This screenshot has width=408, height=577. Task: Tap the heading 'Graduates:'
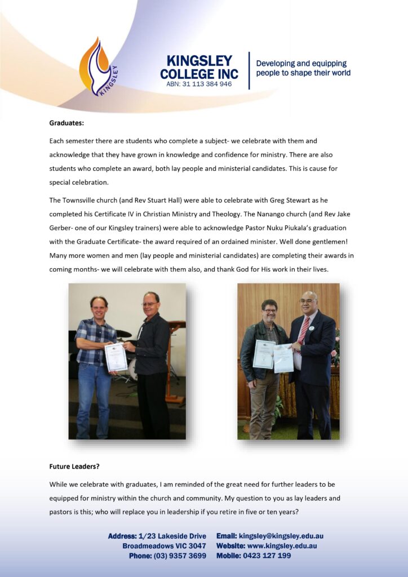[66, 122]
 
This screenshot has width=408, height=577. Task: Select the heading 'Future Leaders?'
[74, 466]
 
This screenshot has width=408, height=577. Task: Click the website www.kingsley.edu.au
[282, 545]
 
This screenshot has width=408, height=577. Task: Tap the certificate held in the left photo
[116, 356]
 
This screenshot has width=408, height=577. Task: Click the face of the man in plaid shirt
[99, 307]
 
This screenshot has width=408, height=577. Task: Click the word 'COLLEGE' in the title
[186, 74]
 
